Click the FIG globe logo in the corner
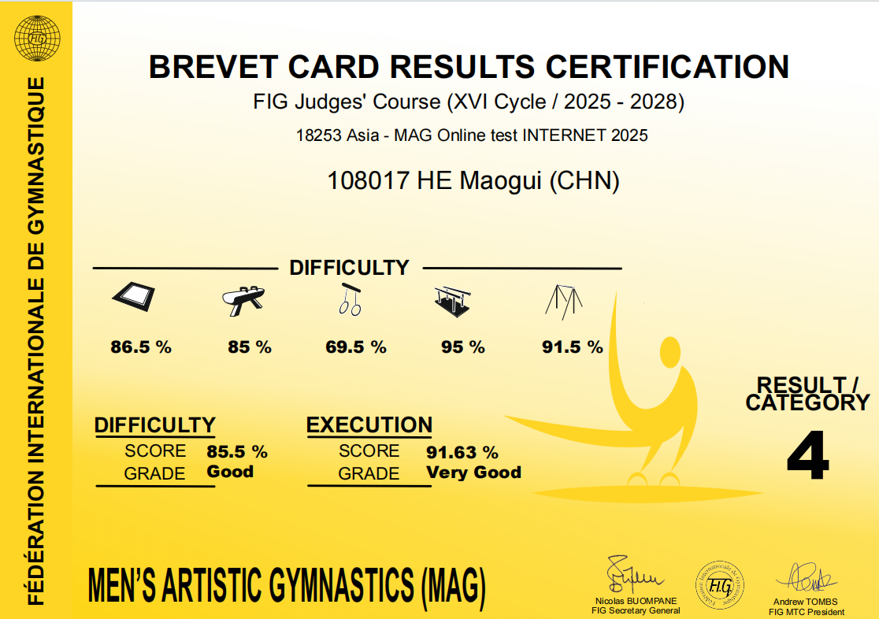(37, 38)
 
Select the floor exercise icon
(133, 296)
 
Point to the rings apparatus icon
(350, 299)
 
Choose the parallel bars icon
(452, 301)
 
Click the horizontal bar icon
(564, 302)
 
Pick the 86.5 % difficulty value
(141, 347)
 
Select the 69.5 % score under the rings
(356, 347)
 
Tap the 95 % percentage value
(462, 347)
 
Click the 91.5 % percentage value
(573, 347)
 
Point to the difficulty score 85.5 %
(237, 451)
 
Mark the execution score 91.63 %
(462, 452)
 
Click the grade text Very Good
(473, 472)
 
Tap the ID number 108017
(368, 180)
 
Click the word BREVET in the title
(213, 67)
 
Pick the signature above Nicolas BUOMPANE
(633, 575)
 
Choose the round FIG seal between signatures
(720, 585)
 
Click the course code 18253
(318, 135)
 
